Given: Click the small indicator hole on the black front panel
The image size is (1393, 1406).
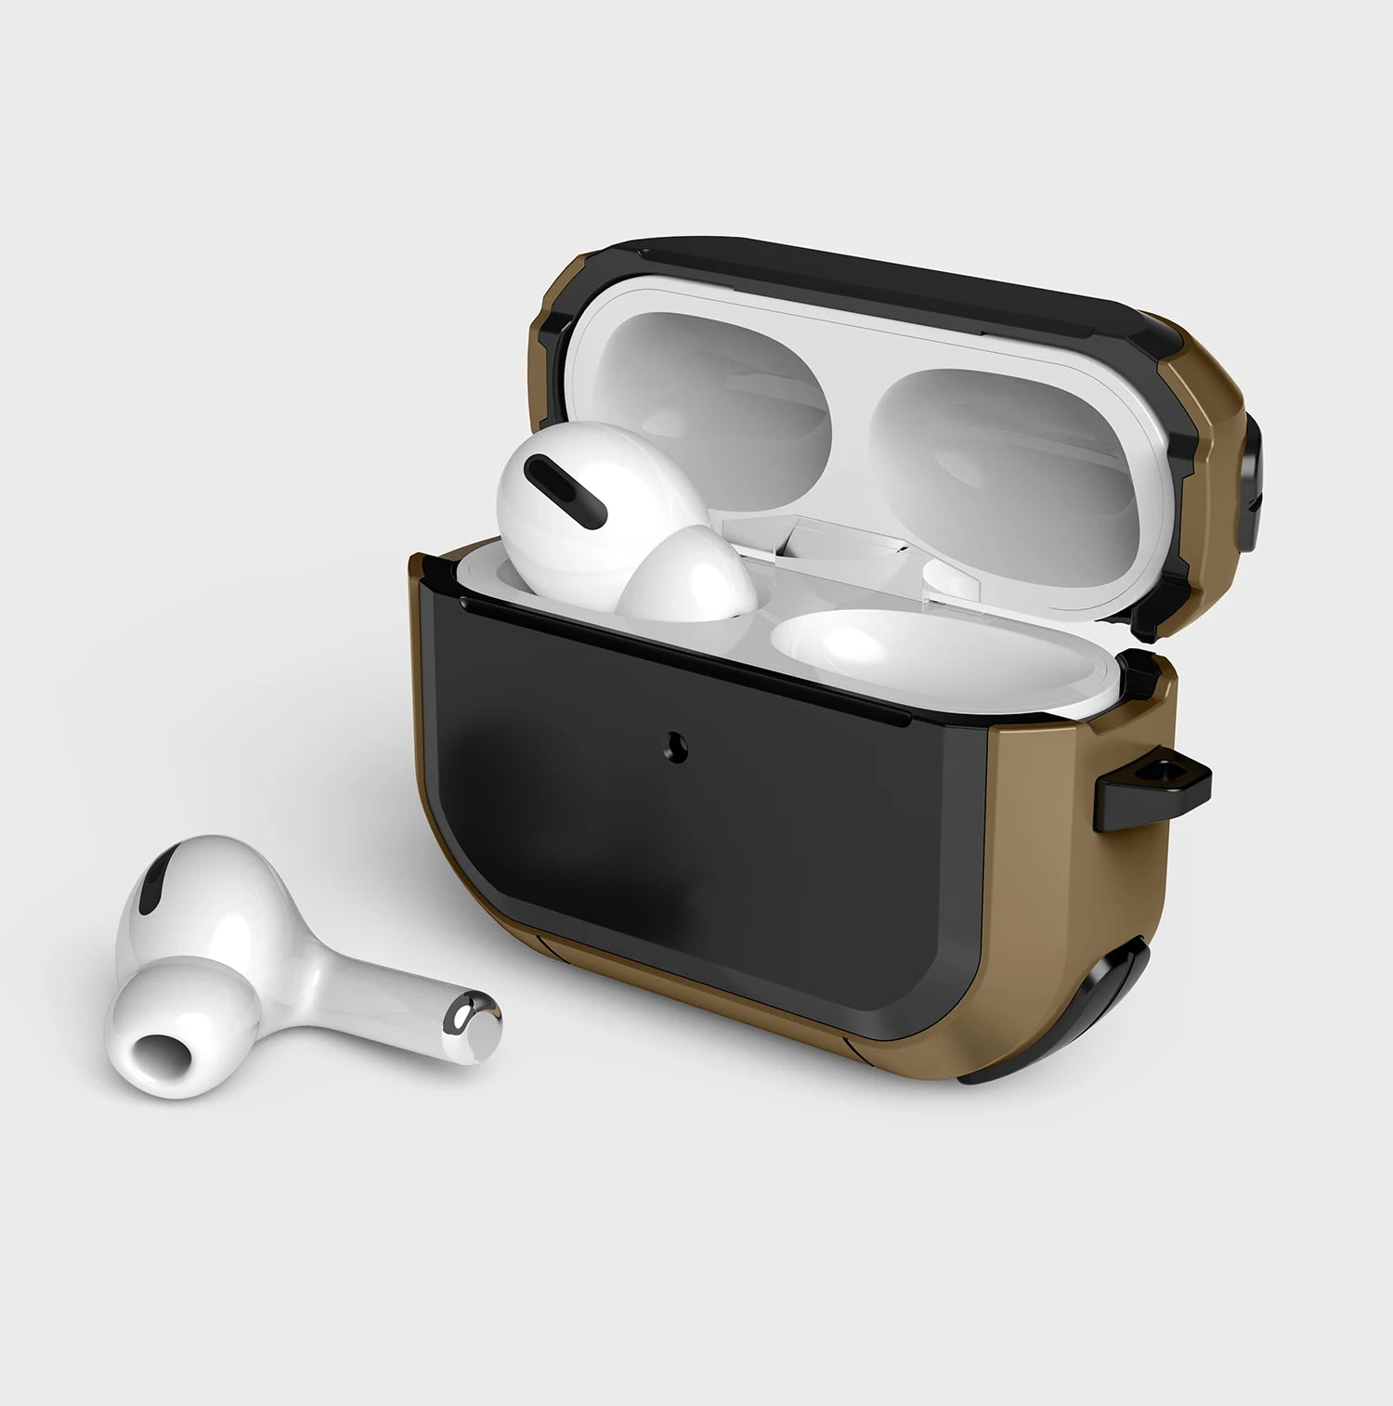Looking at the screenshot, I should [677, 748].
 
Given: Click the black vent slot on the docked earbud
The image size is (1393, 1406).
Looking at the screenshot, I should [566, 489].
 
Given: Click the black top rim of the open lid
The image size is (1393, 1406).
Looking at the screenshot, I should [864, 269].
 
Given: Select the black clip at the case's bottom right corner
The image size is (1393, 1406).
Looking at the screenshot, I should [1114, 1017].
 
